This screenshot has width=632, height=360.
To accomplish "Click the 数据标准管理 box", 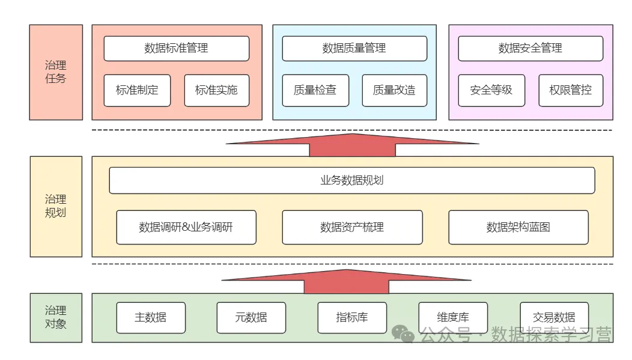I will [176, 49].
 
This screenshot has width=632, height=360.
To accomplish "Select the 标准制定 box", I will [137, 90].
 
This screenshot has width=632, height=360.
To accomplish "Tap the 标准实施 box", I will [216, 90].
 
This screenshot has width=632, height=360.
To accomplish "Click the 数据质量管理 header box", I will [354, 49].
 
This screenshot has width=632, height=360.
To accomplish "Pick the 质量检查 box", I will [315, 90].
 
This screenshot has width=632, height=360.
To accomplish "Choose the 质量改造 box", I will [394, 90].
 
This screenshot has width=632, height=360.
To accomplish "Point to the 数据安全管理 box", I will [530, 49].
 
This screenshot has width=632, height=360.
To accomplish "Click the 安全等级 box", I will [491, 90].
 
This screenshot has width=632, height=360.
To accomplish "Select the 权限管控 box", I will [571, 90].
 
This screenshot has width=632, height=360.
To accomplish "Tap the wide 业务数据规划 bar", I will [352, 180].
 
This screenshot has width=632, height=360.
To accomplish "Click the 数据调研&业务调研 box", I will [186, 227].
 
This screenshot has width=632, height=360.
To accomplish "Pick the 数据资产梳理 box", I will [352, 227].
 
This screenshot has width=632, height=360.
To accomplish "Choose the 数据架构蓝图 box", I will [518, 227].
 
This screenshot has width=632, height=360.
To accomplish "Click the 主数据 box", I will [151, 317].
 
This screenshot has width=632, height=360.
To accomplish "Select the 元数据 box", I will [251, 317].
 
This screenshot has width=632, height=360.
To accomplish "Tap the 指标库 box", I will [352, 317].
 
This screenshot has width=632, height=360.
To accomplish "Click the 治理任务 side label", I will [56, 72].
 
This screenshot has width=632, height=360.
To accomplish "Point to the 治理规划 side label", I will [56, 206].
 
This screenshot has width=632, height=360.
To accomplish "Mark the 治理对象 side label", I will [56, 317].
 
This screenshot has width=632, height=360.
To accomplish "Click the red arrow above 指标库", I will [347, 280].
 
